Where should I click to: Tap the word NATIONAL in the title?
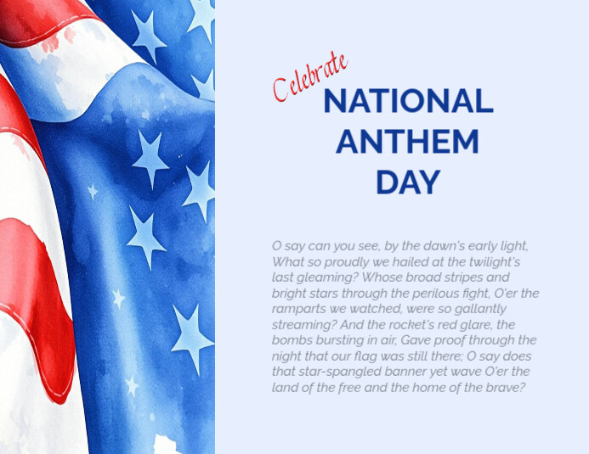coord(408,102)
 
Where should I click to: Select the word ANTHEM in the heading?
coord(407,141)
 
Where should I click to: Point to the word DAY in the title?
coord(408,181)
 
